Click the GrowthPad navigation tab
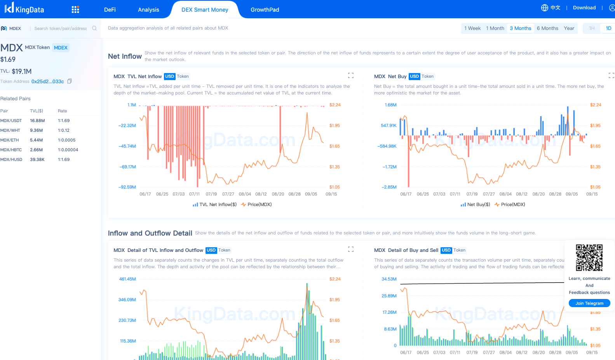[x=265, y=10]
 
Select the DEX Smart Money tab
[x=205, y=10]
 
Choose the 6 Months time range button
[x=547, y=28]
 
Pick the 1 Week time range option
[x=472, y=28]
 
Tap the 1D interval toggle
[x=608, y=28]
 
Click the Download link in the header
[x=584, y=8]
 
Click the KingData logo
[x=24, y=8]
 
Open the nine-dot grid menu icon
[x=75, y=10]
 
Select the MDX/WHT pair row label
[x=10, y=131]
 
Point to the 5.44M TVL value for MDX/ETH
[x=36, y=140]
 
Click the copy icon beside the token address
[x=70, y=81]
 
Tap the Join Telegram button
[x=589, y=303]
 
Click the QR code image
[x=589, y=257]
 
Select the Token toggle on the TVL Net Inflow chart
[x=183, y=77]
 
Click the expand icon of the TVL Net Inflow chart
[x=350, y=75]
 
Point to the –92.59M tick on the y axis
[x=127, y=187]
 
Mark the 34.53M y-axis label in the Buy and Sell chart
[x=389, y=279]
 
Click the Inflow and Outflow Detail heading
[x=150, y=233]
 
